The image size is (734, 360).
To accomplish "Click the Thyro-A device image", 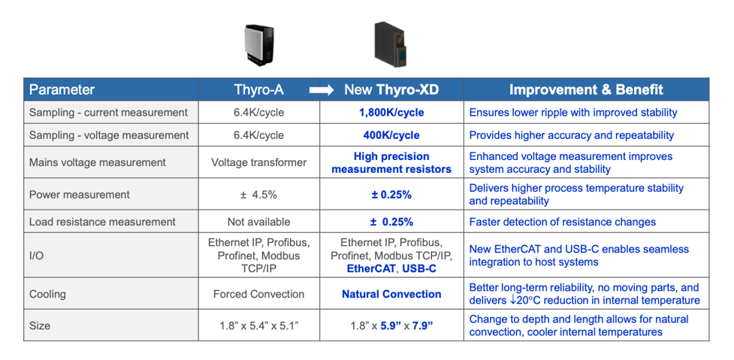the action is tap(259, 45).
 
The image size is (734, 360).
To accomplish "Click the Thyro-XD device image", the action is tap(389, 44).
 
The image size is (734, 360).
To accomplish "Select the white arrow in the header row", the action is tap(321, 90).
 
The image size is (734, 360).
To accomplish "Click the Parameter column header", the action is tap(62, 90).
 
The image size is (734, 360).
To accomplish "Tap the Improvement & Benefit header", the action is tap(586, 90).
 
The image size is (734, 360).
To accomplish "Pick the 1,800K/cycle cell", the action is tap(391, 113).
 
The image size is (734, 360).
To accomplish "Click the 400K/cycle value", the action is tap(391, 135).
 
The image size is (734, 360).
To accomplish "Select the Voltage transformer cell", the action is tap(259, 162).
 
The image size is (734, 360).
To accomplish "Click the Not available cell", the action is tap(259, 222).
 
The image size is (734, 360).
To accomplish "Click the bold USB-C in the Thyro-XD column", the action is tap(419, 269).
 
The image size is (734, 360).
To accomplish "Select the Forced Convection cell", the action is tap(259, 295).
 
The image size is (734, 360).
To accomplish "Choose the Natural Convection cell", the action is tap(391, 295).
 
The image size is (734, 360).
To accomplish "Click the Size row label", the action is tap(40, 325).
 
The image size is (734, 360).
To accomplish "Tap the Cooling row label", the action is tap(47, 295).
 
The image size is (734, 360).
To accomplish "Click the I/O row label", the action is tap(37, 256).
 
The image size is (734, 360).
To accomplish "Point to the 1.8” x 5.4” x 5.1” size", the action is tap(259, 326).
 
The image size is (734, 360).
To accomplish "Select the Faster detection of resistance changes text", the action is tap(562, 222).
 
